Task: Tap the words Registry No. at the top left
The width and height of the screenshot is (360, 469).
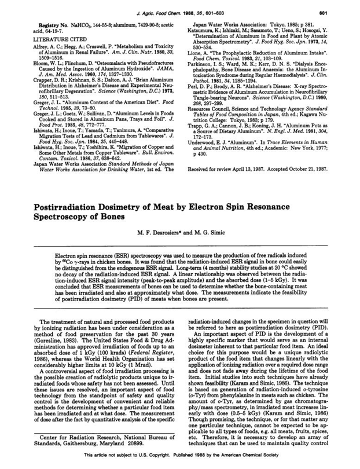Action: [34, 25]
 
